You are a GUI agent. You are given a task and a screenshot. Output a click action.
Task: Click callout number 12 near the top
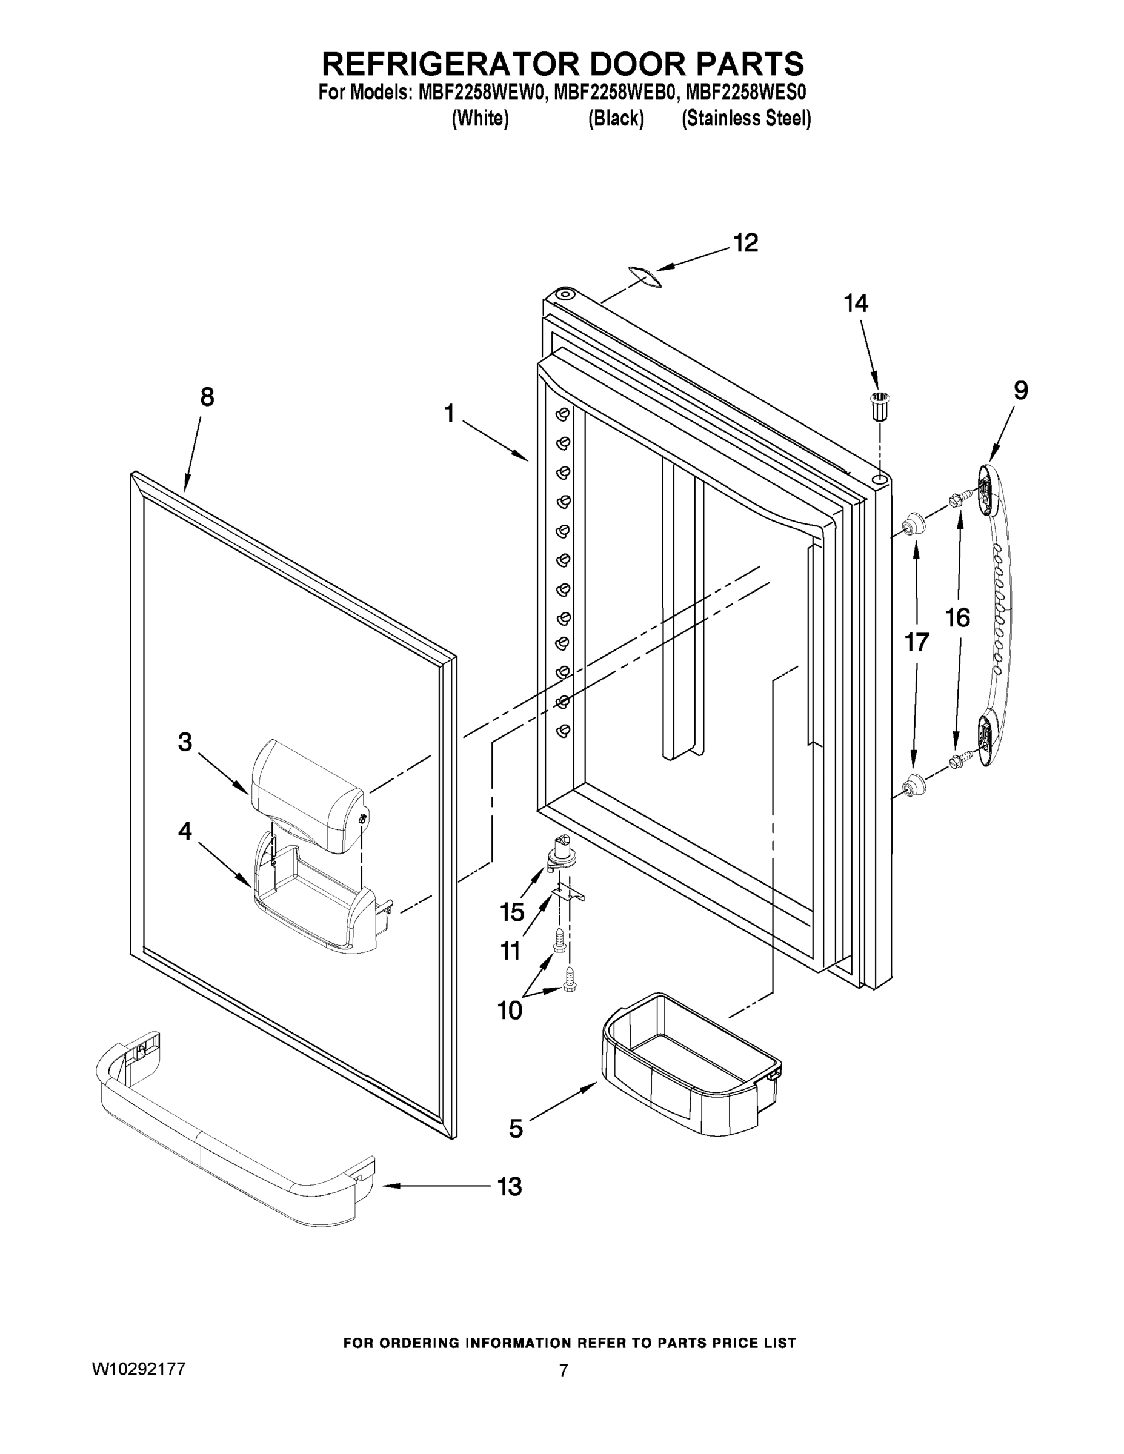coord(746,244)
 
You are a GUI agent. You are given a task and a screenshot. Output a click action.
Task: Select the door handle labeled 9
coord(997,619)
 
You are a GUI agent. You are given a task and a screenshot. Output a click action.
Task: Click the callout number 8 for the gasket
coord(207,397)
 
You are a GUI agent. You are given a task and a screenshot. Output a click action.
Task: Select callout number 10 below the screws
coord(510,1011)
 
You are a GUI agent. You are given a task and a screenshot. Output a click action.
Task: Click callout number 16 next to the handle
coord(957,619)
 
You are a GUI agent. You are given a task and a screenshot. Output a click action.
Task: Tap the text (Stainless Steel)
coord(746,119)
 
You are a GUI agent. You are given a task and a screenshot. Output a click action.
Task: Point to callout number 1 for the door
coord(450,414)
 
